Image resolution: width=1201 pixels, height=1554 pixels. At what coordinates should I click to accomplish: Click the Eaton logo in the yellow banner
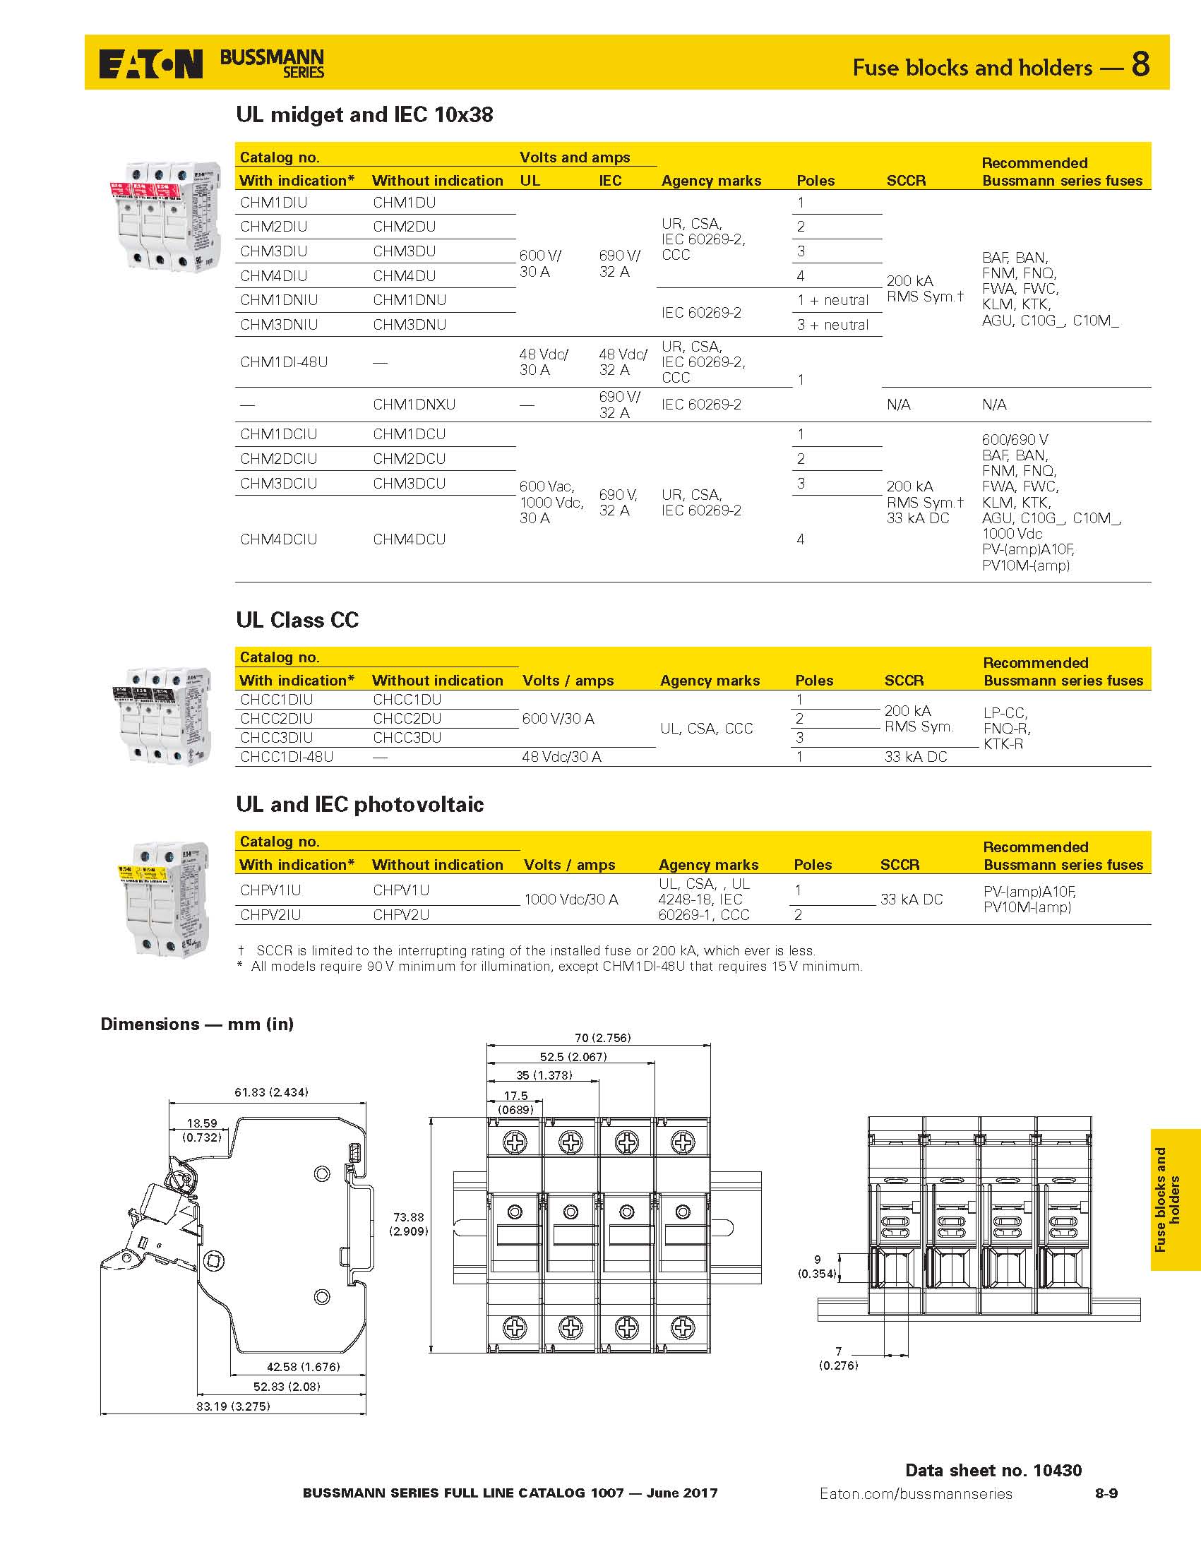pyautogui.click(x=151, y=64)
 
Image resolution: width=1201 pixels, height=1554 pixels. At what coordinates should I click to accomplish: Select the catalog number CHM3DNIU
pyautogui.click(x=278, y=325)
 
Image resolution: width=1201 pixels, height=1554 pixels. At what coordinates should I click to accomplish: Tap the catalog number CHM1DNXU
pyautogui.click(x=413, y=404)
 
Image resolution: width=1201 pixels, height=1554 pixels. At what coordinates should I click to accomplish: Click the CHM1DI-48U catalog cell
pyautogui.click(x=284, y=361)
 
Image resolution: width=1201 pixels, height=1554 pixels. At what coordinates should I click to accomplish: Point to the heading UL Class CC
pyautogui.click(x=297, y=620)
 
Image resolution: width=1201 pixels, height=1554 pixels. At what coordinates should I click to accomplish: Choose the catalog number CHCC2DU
pyautogui.click(x=406, y=719)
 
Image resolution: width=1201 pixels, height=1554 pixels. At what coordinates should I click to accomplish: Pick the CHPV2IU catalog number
pyautogui.click(x=270, y=914)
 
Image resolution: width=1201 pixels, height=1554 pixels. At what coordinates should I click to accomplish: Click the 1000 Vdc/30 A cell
pyautogui.click(x=570, y=899)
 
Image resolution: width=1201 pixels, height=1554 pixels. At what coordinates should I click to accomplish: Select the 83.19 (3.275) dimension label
pyautogui.click(x=234, y=1406)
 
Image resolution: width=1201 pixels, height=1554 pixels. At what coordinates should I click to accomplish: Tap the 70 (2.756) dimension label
pyautogui.click(x=602, y=1038)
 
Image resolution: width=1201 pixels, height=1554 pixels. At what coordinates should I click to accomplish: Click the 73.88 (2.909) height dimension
pyautogui.click(x=408, y=1224)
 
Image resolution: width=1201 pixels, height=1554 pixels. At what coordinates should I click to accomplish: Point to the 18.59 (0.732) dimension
pyautogui.click(x=201, y=1130)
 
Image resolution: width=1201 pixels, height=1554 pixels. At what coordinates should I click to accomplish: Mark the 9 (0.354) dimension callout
pyautogui.click(x=817, y=1267)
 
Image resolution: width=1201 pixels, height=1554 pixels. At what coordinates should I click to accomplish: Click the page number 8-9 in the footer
pyautogui.click(x=1106, y=1493)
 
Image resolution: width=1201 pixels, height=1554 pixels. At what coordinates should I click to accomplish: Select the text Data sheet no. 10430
pyautogui.click(x=993, y=1470)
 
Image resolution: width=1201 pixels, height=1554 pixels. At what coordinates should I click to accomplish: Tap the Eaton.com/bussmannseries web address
pyautogui.click(x=915, y=1493)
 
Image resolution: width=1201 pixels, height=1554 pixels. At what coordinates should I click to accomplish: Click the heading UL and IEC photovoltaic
pyautogui.click(x=359, y=804)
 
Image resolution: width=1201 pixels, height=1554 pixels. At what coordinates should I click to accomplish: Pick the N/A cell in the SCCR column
pyautogui.click(x=898, y=404)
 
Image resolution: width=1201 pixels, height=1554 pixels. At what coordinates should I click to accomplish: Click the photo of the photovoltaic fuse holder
pyautogui.click(x=165, y=899)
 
